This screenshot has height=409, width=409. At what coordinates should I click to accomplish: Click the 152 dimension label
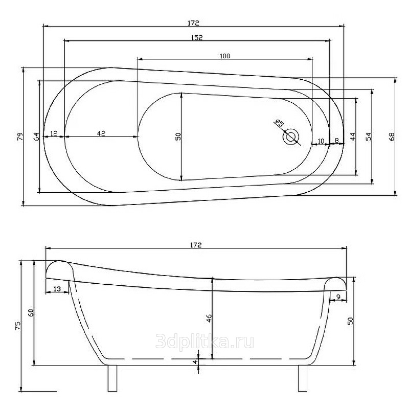point(197,37)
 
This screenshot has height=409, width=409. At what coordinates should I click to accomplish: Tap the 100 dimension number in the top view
point(225,56)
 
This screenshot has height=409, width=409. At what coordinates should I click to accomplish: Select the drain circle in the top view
point(290,136)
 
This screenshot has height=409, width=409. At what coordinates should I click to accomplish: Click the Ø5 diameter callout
point(279,123)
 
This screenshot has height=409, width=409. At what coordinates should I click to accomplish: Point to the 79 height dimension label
point(20,137)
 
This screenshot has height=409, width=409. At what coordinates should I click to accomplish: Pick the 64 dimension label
point(36,137)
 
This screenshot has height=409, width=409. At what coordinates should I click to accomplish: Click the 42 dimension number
point(101,133)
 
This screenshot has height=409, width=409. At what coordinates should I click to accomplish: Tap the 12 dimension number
point(54,133)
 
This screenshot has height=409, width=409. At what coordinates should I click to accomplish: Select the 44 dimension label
point(353,137)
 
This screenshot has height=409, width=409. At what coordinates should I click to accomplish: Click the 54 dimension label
point(368,137)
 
